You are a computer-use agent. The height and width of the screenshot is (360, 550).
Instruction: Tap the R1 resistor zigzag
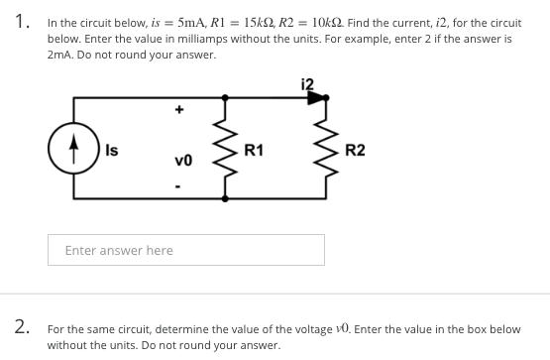pyautogui.click(x=226, y=149)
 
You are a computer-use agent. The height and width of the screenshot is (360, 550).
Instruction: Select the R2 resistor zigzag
pyautogui.click(x=324, y=149)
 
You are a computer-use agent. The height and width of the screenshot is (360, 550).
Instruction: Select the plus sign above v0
pyautogui.click(x=180, y=111)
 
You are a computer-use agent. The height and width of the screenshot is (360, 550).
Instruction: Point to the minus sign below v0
pyautogui.click(x=180, y=185)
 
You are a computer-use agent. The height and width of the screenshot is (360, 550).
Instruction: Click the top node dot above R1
pyautogui.click(x=226, y=98)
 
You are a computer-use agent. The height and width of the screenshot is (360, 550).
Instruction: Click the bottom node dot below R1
pyautogui.click(x=226, y=199)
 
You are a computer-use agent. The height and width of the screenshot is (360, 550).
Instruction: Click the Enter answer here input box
pyautogui.click(x=186, y=250)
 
